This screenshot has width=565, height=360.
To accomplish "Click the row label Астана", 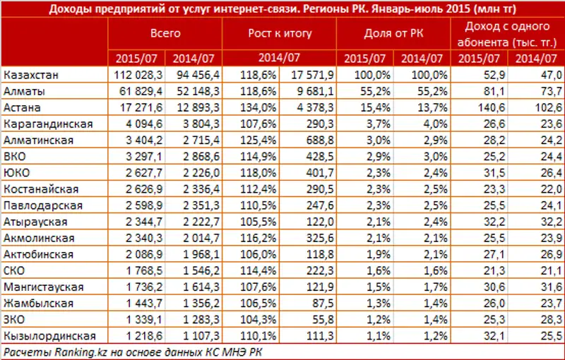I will pyautogui.click(x=23, y=108).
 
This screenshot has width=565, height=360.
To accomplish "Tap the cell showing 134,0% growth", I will pyautogui.click(x=251, y=108).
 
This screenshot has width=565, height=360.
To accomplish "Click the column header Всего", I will pyautogui.click(x=165, y=33).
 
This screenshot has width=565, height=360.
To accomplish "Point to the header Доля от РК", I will pyautogui.click(x=393, y=33).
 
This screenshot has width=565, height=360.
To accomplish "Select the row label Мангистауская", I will pyautogui.click(x=43, y=287).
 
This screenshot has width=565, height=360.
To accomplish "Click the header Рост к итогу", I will pyautogui.click(x=279, y=33).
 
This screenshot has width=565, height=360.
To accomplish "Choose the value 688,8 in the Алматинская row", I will pyautogui.click(x=319, y=140).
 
